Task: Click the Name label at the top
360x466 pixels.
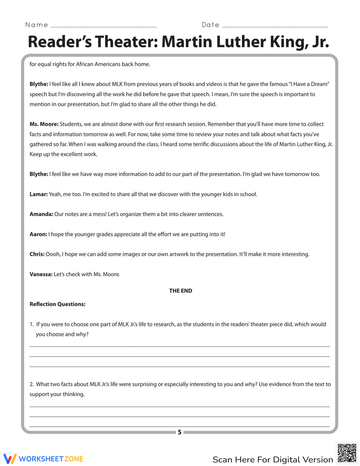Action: click(36, 25)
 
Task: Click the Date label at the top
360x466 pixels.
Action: click(210, 25)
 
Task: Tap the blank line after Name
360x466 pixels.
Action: click(103, 27)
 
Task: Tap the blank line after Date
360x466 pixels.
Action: click(275, 27)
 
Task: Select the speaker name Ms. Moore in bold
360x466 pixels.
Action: click(44, 124)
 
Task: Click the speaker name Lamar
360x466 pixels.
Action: click(39, 194)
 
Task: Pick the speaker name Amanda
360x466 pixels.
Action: click(41, 214)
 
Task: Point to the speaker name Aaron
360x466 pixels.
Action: click(38, 234)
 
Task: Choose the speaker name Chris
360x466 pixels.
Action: click(37, 254)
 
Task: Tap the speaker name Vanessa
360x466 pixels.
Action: click(41, 274)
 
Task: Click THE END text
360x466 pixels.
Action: click(180, 291)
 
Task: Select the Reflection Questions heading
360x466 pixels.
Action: click(58, 304)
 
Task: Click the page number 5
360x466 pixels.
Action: click(179, 432)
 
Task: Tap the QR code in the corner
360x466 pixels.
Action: click(347, 453)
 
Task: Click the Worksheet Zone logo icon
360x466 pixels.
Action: click(10, 458)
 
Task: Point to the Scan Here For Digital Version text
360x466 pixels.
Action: click(273, 460)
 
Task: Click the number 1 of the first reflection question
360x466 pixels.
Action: click(31, 324)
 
